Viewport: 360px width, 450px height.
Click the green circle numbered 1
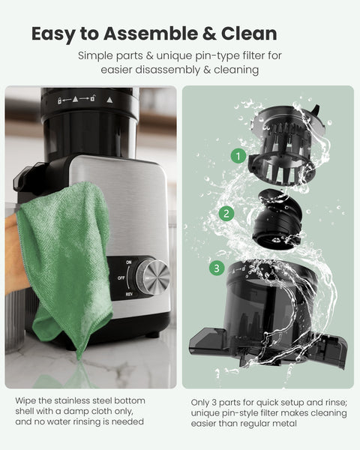point(238,157)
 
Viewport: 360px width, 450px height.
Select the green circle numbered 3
point(216,268)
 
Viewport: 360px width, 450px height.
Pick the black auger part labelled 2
point(274,217)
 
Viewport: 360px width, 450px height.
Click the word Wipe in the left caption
point(27,400)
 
